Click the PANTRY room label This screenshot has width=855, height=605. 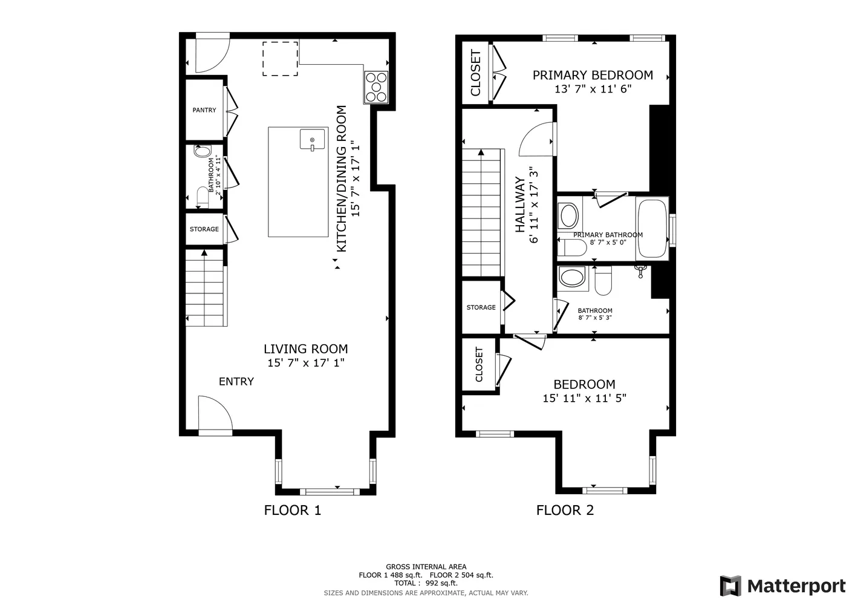[x=204, y=110]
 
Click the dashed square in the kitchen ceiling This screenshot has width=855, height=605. [x=280, y=59]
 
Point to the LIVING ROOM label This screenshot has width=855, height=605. [x=305, y=349]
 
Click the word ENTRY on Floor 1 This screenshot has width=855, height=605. [x=236, y=381]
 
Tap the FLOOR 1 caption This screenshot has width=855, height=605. [x=292, y=510]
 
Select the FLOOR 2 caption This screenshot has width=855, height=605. [x=565, y=510]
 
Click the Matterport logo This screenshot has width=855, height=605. [x=782, y=586]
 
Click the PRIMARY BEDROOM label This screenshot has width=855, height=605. [x=592, y=75]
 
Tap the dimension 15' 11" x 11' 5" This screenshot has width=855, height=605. [x=584, y=398]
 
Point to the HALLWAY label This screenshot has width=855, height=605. [x=519, y=204]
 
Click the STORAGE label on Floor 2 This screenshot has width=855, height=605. [x=481, y=307]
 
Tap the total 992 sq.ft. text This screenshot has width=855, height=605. [x=426, y=583]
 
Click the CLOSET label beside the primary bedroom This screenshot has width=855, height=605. [x=475, y=73]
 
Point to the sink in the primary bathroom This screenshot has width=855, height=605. [x=568, y=215]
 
